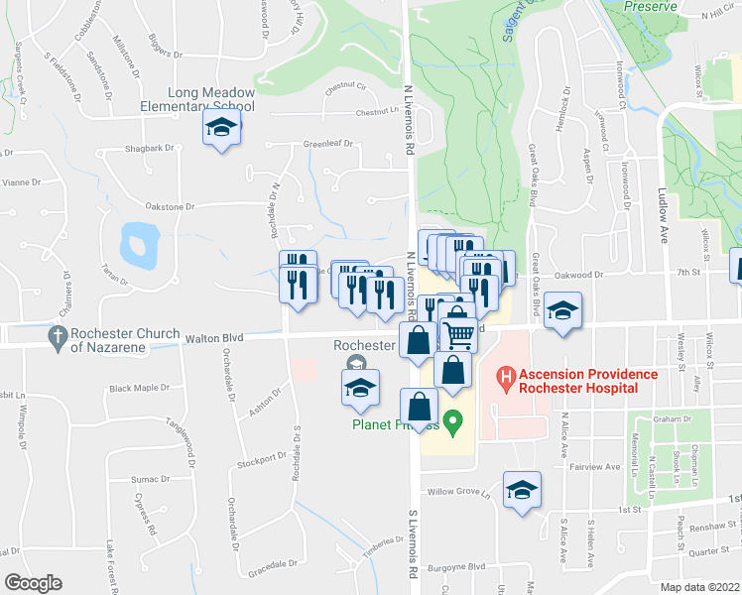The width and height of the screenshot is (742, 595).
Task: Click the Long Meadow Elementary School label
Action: pos(211,99)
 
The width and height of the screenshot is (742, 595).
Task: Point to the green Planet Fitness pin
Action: pos(454,423)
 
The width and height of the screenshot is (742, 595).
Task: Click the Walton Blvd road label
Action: pos(214,338)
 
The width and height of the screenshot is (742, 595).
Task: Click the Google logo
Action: pos(33,583)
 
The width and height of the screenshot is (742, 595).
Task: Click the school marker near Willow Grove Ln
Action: pos(522,490)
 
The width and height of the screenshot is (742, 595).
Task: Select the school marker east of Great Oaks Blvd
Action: pos(562,310)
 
